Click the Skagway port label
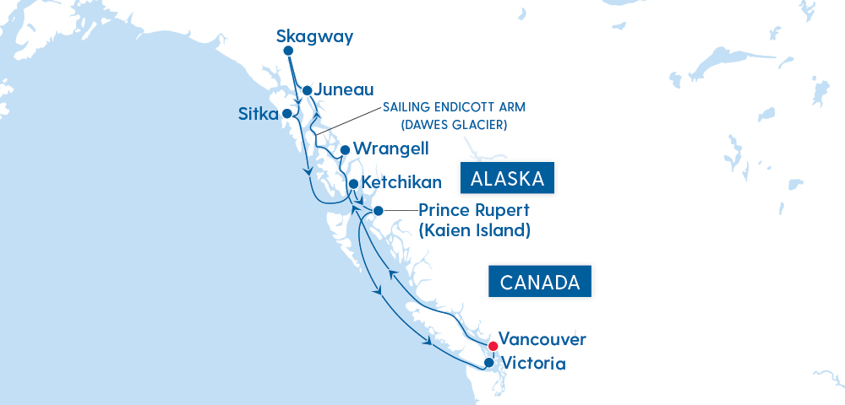[x=314, y=37]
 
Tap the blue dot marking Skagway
[x=288, y=51]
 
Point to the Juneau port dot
[x=308, y=90]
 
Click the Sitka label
[x=258, y=114]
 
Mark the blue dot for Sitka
[x=287, y=113]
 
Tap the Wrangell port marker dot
[x=345, y=150]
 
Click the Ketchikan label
[x=401, y=183]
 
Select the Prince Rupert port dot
[x=379, y=211]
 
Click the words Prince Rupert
[x=473, y=211]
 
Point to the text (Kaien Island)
[x=474, y=229]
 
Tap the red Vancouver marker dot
[x=493, y=345]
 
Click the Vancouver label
[x=542, y=339]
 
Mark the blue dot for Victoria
[x=488, y=364]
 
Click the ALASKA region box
[x=506, y=179]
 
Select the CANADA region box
[x=540, y=281]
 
